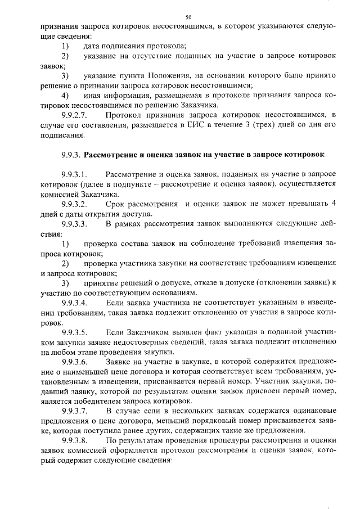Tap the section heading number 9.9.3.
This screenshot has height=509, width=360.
point(73,154)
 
